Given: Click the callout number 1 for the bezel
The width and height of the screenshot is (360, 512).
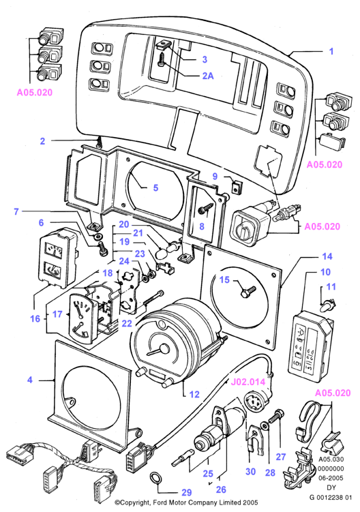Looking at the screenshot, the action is click(x=331, y=51).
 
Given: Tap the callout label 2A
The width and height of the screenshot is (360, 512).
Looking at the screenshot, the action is click(x=208, y=76).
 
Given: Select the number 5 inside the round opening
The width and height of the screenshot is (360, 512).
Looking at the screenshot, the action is click(x=156, y=187).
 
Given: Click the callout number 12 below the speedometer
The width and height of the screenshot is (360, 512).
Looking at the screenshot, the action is click(x=194, y=395).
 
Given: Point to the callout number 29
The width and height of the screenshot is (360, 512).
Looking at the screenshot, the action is click(x=186, y=493).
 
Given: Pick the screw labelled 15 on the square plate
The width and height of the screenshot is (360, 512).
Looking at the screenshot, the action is click(x=248, y=290).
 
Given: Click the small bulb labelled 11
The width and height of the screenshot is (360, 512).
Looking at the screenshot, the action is click(x=328, y=306).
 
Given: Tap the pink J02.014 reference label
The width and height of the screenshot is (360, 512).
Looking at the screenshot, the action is click(x=248, y=382).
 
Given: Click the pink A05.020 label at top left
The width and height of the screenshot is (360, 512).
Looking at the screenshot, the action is click(x=35, y=93).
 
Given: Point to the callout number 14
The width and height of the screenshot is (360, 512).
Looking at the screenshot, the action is click(x=327, y=256).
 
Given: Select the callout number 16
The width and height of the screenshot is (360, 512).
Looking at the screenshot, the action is click(x=35, y=318).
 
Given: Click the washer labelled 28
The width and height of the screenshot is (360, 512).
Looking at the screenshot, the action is click(x=265, y=425).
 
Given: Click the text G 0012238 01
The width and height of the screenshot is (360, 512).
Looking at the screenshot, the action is click(x=331, y=497).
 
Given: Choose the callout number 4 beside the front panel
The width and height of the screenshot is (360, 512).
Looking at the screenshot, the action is click(x=30, y=380).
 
